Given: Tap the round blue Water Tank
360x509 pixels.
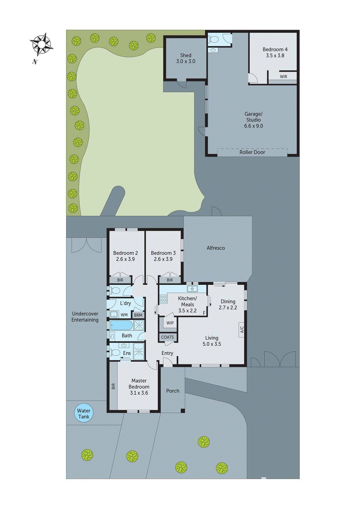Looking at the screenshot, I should (x=84, y=413).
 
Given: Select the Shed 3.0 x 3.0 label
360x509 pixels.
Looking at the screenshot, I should (x=186, y=58).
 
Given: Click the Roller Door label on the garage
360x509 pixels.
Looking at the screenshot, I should (x=252, y=152).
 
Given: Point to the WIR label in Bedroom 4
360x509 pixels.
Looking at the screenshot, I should (x=283, y=77).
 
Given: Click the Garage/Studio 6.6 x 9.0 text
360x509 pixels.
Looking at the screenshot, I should (x=253, y=120).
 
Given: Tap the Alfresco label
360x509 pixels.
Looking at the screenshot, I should (x=216, y=248).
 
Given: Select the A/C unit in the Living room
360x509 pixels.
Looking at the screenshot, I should (x=242, y=329).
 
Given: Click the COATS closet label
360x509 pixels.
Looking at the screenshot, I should (x=167, y=337).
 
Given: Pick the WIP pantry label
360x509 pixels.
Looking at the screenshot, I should (x=170, y=323).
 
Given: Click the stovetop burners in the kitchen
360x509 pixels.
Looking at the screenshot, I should (x=163, y=298).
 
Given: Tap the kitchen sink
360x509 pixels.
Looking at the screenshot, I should (x=192, y=289).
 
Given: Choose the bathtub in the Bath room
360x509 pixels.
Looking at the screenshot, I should (x=122, y=325).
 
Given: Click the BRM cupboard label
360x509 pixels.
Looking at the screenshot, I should (x=138, y=315).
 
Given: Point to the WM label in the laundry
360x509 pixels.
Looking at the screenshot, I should (x=124, y=315).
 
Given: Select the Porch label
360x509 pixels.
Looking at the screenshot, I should (x=173, y=391).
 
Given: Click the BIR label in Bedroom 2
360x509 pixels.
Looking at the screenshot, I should (x=120, y=280).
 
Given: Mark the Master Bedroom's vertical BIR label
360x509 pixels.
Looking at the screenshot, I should (x=113, y=386).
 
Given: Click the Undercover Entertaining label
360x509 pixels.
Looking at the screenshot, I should (x=85, y=317).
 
